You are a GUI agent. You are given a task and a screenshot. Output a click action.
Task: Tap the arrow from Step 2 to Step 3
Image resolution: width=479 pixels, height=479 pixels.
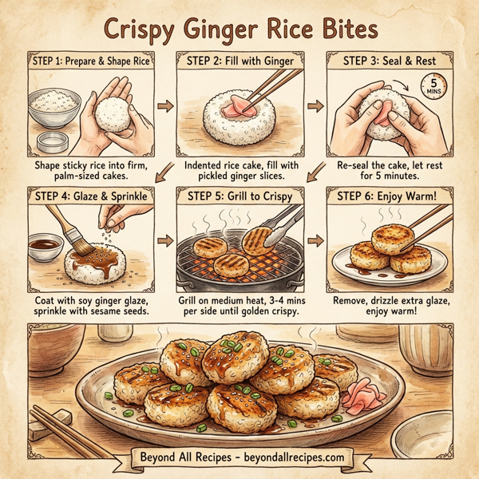pyautogui.click(x=315, y=105)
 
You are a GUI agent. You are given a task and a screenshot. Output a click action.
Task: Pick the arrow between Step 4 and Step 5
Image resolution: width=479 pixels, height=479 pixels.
pyautogui.click(x=167, y=239)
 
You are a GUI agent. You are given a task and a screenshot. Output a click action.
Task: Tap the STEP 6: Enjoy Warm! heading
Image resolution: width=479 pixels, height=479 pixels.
pyautogui.click(x=390, y=194)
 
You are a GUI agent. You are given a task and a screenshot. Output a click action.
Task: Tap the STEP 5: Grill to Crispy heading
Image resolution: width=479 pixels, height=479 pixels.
pyautogui.click(x=241, y=194)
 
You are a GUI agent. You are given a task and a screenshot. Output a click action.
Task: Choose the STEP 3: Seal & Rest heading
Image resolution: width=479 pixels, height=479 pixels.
pyautogui.click(x=388, y=61)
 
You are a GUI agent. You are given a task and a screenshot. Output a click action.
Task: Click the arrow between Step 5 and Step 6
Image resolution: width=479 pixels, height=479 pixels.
pyautogui.click(x=315, y=239)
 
